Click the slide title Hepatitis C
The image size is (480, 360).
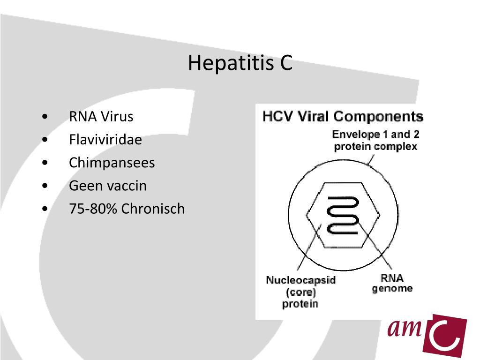pyautogui.click(x=240, y=63)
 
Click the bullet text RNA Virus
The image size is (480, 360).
pyautogui.click(x=101, y=116)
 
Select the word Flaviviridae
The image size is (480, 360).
pyautogui.click(x=105, y=140)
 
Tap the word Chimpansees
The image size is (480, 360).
pyautogui.click(x=112, y=163)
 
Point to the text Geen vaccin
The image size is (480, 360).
pyautogui.click(x=107, y=186)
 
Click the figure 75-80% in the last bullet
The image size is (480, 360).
pyautogui.click(x=93, y=209)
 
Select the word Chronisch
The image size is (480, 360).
pyautogui.click(x=153, y=209)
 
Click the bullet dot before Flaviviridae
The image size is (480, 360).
pyautogui.click(x=44, y=140)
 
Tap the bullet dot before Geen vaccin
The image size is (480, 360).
pyautogui.click(x=44, y=186)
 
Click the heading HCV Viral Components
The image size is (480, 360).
pyautogui.click(x=343, y=116)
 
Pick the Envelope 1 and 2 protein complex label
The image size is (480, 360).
pyautogui.click(x=375, y=140)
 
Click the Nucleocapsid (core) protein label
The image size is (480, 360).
pyautogui.click(x=300, y=292)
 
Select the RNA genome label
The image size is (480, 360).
pyautogui.click(x=392, y=283)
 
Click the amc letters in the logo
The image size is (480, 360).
pyautogui.click(x=404, y=328)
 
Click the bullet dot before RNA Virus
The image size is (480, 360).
pyautogui.click(x=44, y=116)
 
